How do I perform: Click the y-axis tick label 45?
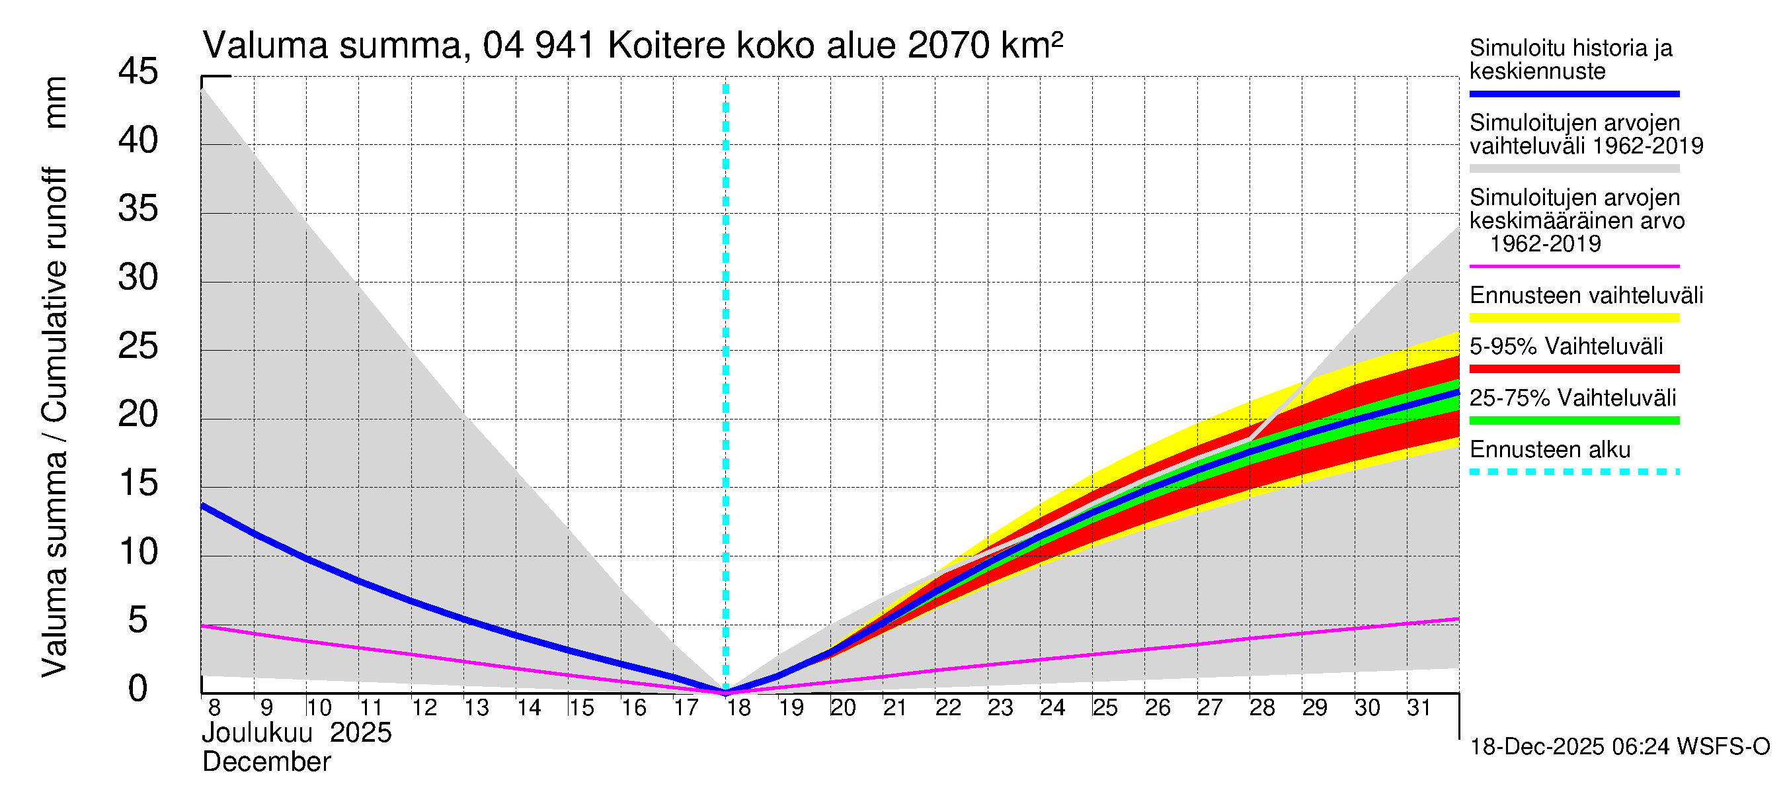(138, 71)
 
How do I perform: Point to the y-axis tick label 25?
(138, 346)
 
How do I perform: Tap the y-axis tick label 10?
(138, 552)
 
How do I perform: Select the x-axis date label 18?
(738, 708)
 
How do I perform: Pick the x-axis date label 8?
(214, 708)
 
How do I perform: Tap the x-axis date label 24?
(1052, 708)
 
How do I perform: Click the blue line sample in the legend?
(1573, 93)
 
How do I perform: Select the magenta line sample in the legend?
(1573, 266)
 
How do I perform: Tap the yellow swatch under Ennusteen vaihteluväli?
(1573, 318)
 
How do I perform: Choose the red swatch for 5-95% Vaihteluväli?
(1573, 369)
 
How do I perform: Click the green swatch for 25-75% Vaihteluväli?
(1573, 420)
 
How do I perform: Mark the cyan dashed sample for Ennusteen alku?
(1573, 472)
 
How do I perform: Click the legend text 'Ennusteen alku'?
(1550, 449)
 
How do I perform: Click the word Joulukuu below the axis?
(257, 733)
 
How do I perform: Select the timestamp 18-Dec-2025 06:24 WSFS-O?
(1619, 747)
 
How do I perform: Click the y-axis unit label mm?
(56, 103)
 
